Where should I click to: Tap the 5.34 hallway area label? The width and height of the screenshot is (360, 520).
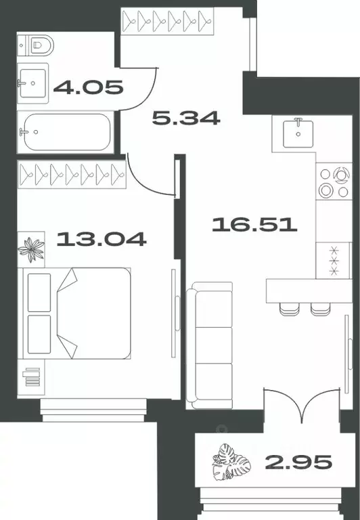(x=185, y=118)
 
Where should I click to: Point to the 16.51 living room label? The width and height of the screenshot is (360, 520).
(x=254, y=223)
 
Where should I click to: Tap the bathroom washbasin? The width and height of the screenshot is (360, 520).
(x=32, y=84)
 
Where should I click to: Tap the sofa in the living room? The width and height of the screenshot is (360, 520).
(x=210, y=346)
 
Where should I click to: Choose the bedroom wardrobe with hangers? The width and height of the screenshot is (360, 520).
(x=73, y=175)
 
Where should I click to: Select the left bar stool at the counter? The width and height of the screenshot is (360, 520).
(x=289, y=307)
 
